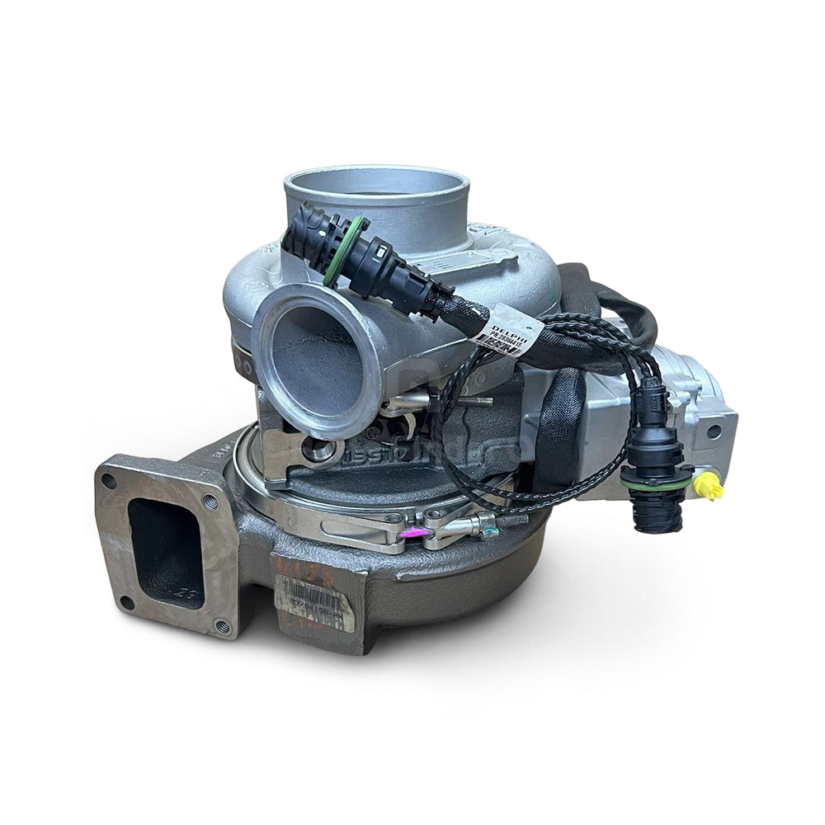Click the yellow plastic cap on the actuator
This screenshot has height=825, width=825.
tap(709, 488)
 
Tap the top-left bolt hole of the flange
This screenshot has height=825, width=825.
tap(108, 481)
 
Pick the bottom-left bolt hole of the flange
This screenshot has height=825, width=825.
tap(125, 601)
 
